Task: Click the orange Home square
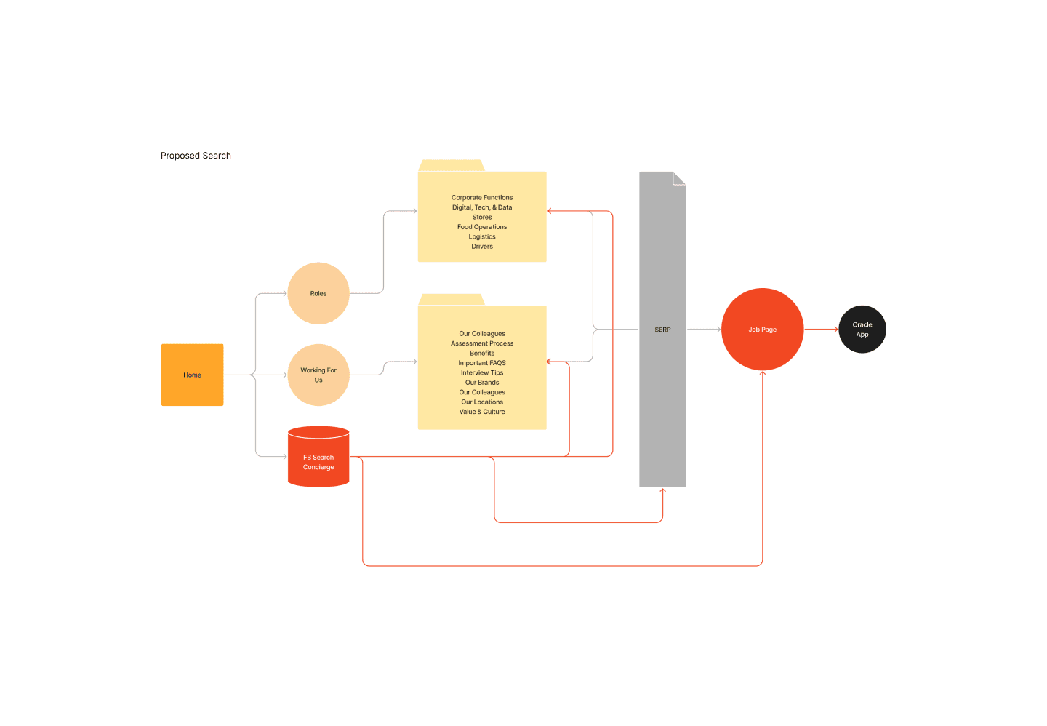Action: tap(192, 375)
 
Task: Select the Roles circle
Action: tap(318, 293)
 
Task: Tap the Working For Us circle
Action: tap(318, 375)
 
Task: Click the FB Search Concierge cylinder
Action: tap(318, 457)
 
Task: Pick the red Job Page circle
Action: tap(762, 330)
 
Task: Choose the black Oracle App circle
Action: tap(862, 330)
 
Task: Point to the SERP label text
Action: tap(662, 330)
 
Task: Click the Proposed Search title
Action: tap(196, 155)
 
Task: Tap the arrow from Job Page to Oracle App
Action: tap(822, 330)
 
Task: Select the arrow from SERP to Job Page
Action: tap(704, 330)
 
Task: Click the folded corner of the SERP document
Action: tap(679, 178)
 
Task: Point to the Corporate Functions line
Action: tap(482, 197)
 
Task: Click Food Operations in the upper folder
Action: tap(482, 227)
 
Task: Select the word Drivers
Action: tap(482, 247)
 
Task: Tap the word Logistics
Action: tap(482, 236)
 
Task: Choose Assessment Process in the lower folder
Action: tap(482, 343)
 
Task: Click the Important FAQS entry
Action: tap(482, 363)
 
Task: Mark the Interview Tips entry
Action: tap(482, 373)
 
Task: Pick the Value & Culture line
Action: tap(482, 412)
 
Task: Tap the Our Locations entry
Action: tap(482, 402)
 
